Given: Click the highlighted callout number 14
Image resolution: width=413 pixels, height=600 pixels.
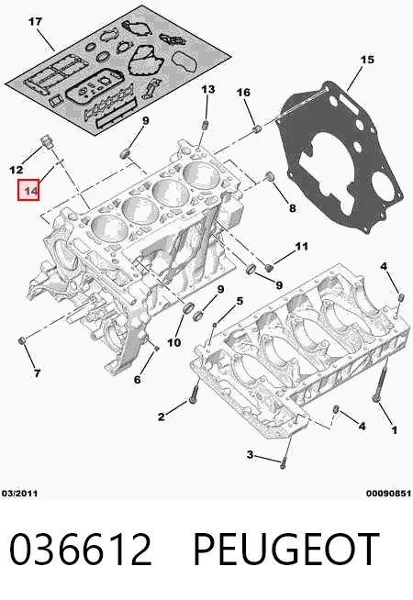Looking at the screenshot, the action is (x=28, y=190).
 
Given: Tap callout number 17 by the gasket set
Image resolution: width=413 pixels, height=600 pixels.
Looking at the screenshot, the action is (x=35, y=22).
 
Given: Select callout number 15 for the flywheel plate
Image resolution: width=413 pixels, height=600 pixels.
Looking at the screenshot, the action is (x=367, y=60).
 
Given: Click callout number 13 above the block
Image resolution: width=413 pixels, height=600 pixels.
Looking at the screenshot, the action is (x=208, y=90).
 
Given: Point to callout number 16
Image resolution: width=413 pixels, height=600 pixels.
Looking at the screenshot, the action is (x=243, y=93).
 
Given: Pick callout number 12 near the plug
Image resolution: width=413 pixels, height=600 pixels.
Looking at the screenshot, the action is (x=17, y=169).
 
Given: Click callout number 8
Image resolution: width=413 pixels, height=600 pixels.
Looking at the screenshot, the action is (x=293, y=208).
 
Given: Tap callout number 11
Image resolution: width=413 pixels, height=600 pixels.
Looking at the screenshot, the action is (x=302, y=246).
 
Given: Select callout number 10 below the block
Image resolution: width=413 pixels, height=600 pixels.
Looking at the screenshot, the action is (x=173, y=342).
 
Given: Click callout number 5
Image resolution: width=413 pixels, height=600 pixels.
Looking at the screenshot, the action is (x=240, y=301).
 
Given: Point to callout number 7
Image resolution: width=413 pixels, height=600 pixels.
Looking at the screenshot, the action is (x=37, y=372).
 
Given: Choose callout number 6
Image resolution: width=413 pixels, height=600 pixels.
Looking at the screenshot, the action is (x=137, y=379).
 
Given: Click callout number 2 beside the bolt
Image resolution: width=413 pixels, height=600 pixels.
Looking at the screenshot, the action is (x=162, y=417).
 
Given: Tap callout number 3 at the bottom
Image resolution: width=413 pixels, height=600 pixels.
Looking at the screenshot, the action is (x=250, y=455).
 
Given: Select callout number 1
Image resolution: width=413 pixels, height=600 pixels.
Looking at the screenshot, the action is (x=395, y=430).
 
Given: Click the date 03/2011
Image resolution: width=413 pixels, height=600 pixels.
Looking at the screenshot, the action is (x=20, y=494).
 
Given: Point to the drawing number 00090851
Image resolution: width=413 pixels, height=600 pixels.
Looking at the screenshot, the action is (x=388, y=494).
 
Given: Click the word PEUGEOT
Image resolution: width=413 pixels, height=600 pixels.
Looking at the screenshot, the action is (x=286, y=550).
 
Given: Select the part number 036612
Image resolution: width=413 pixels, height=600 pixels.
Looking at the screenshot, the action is (x=81, y=550).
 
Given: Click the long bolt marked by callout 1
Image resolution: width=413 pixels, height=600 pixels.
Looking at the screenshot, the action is (x=380, y=383).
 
